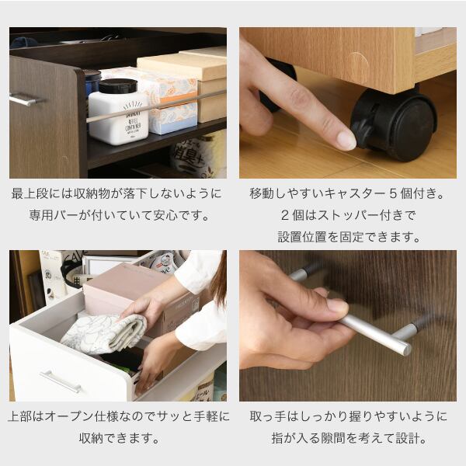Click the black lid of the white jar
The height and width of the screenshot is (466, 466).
click(x=118, y=86)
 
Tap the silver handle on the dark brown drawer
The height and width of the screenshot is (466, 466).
click(x=25, y=99)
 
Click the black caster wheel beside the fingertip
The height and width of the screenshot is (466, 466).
click(x=394, y=125)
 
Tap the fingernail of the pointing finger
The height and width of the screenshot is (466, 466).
click(x=347, y=141)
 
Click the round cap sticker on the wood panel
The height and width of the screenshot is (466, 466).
click(x=357, y=67)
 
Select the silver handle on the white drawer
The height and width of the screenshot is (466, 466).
click(x=61, y=381)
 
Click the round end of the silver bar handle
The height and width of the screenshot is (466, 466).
click(x=406, y=349)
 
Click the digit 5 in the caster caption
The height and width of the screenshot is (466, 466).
click(x=393, y=193)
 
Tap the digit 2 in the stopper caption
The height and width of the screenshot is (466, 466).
click(x=285, y=215)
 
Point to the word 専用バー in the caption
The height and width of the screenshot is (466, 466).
click(x=54, y=215)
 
